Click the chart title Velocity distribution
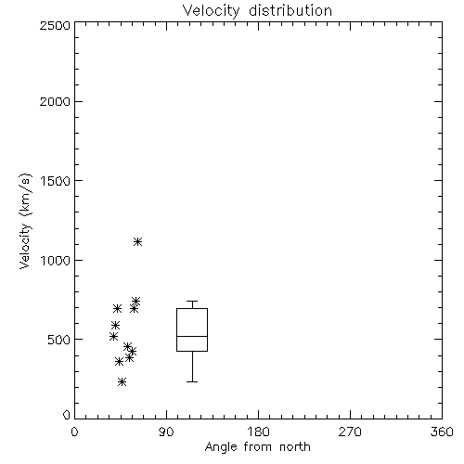pos(257,11)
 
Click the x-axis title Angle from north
pos(257,446)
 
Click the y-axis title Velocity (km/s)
pos(25,221)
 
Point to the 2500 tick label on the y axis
pos(55,25)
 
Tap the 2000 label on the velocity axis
pos(55,101)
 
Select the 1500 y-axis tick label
pos(56,181)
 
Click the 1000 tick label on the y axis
pos(56,261)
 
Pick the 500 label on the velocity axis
pos(59,340)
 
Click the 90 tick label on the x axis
pos(166,432)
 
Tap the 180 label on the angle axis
pos(258,432)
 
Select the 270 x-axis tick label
pos(350,432)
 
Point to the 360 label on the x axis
pos(442,432)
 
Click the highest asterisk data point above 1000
pos(137,241)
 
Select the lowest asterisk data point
pos(122,381)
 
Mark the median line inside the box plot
pos(192,336)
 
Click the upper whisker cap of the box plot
pos(192,301)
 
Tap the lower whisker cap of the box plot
pos(192,381)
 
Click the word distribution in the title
pos(290,11)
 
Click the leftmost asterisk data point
pos(113,336)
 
